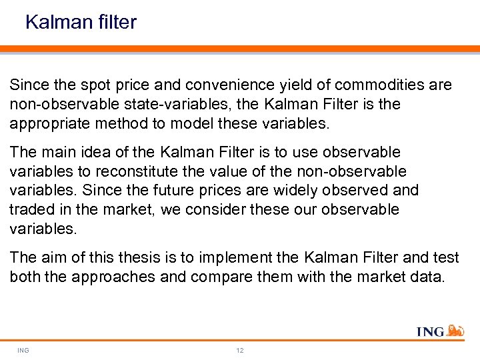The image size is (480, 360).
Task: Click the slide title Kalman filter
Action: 81,22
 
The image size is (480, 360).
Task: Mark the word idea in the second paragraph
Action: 101,152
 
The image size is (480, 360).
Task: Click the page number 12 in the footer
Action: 240,351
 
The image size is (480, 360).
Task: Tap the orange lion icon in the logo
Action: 455,331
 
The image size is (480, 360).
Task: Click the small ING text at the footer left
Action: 24,351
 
